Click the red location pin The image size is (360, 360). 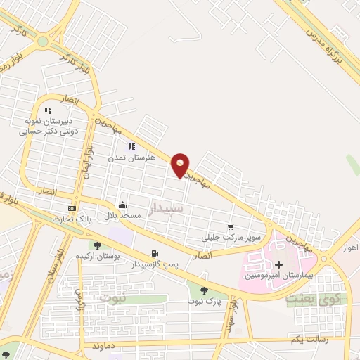[181, 164]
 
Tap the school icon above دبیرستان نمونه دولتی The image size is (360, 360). [48, 110]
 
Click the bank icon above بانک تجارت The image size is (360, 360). [72, 209]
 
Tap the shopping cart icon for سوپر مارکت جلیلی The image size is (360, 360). [231, 226]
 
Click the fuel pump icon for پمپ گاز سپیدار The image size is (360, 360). [154, 254]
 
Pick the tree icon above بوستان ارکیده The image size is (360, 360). [97, 245]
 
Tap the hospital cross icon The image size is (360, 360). [278, 264]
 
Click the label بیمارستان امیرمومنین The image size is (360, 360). [278, 275]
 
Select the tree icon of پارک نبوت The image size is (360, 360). [204, 290]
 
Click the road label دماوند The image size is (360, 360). [103, 347]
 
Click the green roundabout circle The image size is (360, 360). [42, 41]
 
